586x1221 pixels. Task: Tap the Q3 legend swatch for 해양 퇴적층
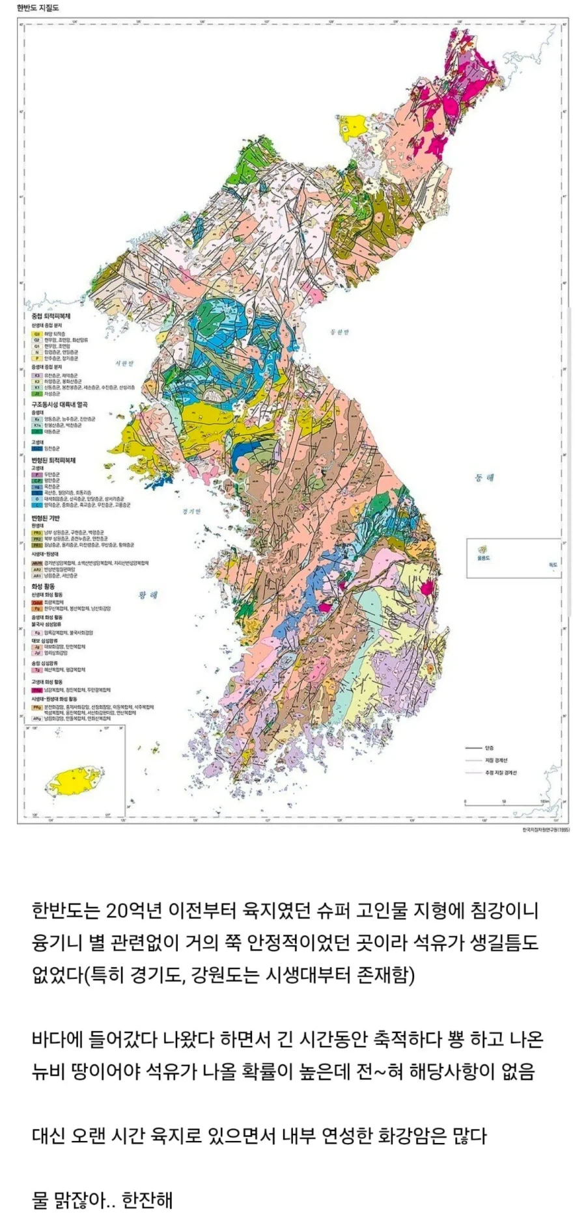[x=37, y=334]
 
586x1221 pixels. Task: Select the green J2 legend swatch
[x=37, y=394]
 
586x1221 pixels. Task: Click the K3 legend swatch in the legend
[x=37, y=375]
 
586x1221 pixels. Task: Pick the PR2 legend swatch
[x=37, y=539]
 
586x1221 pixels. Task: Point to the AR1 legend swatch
[x=37, y=576]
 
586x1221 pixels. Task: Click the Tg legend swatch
[x=37, y=669]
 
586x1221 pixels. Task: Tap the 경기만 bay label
[x=192, y=511]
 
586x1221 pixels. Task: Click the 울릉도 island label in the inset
[x=483, y=558]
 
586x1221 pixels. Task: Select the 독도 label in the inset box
[x=553, y=564]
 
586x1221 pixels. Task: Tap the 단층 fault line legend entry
[x=490, y=747]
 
